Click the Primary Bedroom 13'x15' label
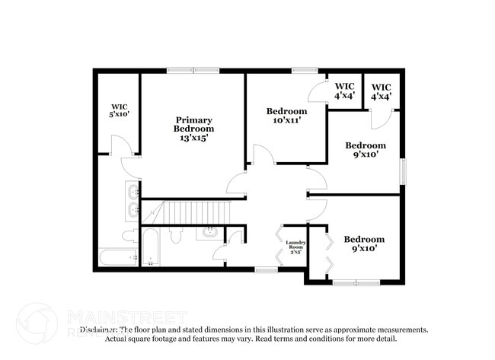coord(193,129)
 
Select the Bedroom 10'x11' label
coord(287,116)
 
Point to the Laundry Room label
coord(295,247)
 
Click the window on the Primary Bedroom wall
coord(190,71)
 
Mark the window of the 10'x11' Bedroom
coord(305,71)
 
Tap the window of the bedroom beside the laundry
coord(356,282)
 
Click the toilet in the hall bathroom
coord(177,235)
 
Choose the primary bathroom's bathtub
coord(117,257)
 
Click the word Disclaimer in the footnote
coord(100,330)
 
